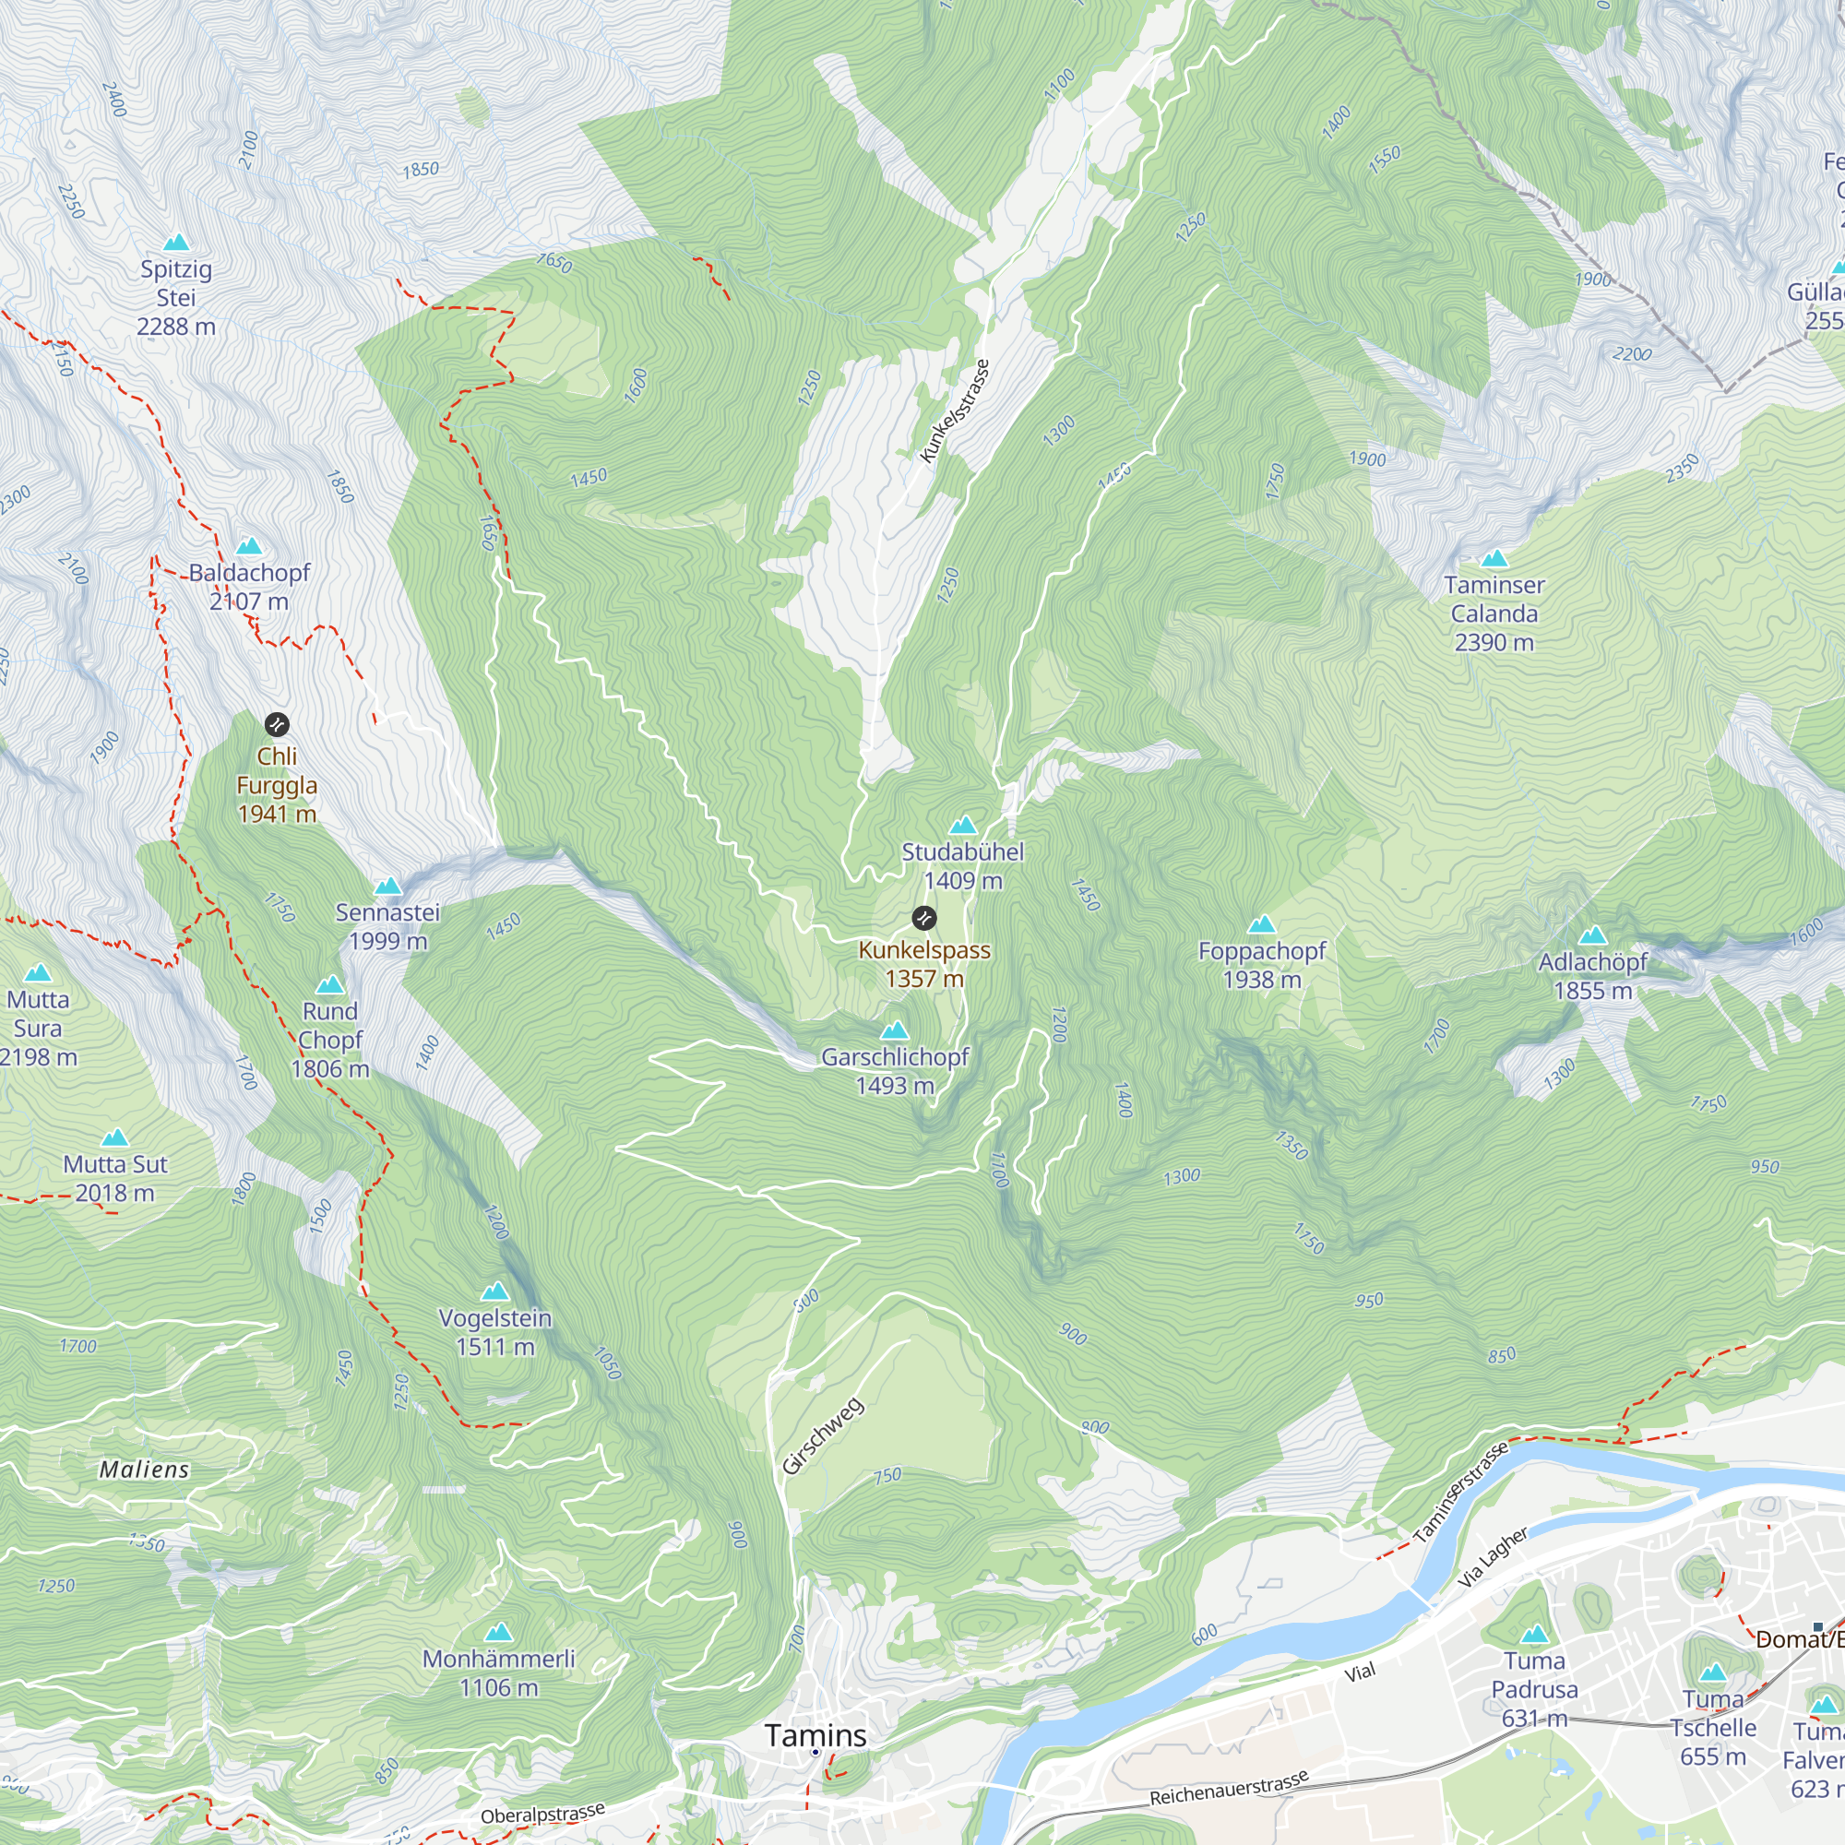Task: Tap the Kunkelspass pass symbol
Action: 923,919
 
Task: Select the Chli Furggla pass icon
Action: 277,725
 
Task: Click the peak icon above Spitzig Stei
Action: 177,243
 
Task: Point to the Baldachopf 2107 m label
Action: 249,587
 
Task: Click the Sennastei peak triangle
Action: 387,887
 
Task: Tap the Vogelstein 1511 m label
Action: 494,1332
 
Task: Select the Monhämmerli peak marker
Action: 497,1633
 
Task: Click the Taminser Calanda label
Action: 1494,613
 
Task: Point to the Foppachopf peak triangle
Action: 1261,923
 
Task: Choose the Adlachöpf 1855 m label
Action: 1592,976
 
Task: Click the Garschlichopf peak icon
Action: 895,1030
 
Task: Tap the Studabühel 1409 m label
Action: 962,866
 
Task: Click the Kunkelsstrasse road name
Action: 954,411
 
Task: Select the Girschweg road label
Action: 823,1436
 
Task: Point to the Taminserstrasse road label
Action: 1460,1491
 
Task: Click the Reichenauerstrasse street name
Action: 1228,1789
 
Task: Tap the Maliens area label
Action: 144,1470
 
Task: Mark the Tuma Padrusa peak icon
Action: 1534,1634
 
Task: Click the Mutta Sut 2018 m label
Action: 114,1178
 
